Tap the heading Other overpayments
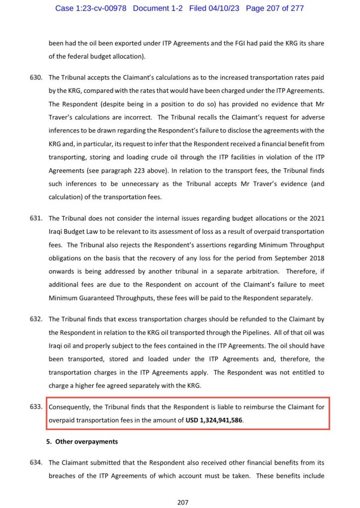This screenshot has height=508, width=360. click(x=86, y=442)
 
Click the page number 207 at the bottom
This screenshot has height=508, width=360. click(x=183, y=502)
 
